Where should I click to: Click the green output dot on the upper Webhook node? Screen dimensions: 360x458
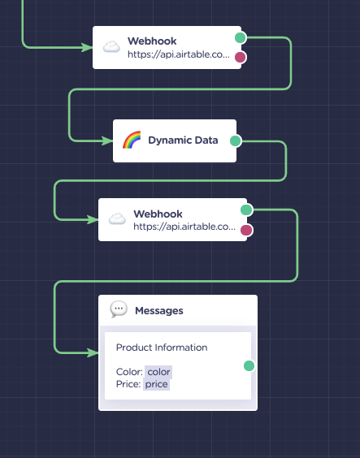pyautogui.click(x=241, y=37)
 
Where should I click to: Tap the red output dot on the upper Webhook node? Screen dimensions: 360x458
pyautogui.click(x=241, y=57)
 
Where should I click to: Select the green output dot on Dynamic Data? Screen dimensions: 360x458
pyautogui.click(x=236, y=140)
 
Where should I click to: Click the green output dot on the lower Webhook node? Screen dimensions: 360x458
pyautogui.click(x=246, y=210)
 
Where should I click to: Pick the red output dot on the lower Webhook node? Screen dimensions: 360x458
pyautogui.click(x=246, y=230)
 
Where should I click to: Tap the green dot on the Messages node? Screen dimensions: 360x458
pyautogui.click(x=249, y=365)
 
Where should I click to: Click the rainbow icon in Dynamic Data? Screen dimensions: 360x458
pyautogui.click(x=132, y=140)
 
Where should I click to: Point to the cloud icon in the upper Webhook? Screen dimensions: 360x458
pyautogui.click(x=111, y=47)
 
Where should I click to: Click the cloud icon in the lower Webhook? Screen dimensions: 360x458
pyautogui.click(x=118, y=218)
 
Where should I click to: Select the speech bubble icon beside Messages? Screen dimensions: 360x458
pyautogui.click(x=119, y=309)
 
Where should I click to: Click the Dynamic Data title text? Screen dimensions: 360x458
pyautogui.click(x=183, y=140)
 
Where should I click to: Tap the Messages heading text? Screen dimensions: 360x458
pyautogui.click(x=159, y=311)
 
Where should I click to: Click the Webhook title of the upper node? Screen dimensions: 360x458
pyautogui.click(x=152, y=41)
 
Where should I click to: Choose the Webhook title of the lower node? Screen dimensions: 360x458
pyautogui.click(x=158, y=214)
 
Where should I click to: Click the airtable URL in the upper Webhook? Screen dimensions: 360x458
pyautogui.click(x=179, y=54)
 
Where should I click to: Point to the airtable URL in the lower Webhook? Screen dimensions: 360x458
pyautogui.click(x=184, y=227)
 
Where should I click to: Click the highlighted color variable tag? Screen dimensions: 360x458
pyautogui.click(x=158, y=372)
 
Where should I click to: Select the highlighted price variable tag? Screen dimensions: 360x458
pyautogui.click(x=156, y=384)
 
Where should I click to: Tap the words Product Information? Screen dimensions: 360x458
pyautogui.click(x=162, y=348)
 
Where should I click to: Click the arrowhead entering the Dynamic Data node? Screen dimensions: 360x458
pyautogui.click(x=107, y=141)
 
